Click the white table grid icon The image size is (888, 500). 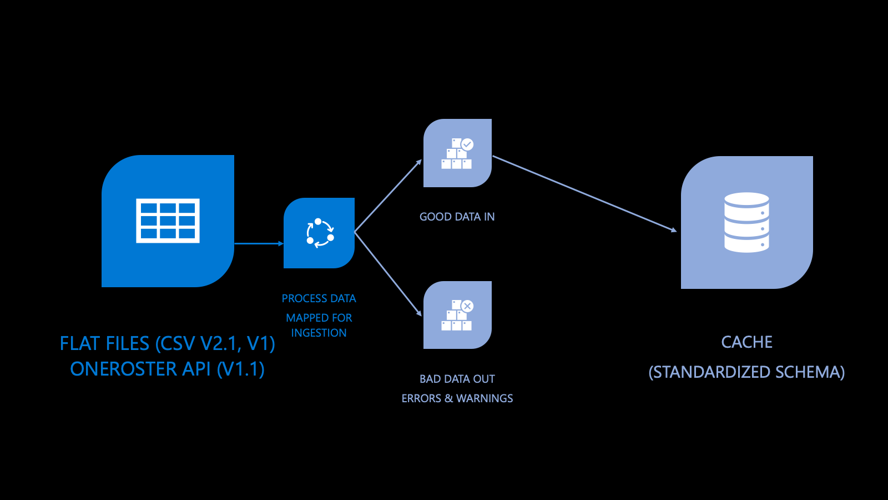click(x=168, y=221)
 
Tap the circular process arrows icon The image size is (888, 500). click(x=320, y=233)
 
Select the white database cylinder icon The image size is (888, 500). click(x=746, y=222)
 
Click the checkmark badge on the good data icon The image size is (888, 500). click(x=467, y=144)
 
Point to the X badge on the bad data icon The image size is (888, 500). click(x=467, y=306)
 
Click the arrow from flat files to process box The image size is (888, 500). click(x=259, y=243)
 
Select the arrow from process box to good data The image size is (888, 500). click(x=388, y=196)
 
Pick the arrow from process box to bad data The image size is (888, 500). click(x=388, y=274)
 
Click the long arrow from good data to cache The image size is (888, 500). click(x=584, y=193)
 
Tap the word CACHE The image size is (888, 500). click(x=746, y=342)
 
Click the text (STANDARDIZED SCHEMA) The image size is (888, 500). click(x=746, y=372)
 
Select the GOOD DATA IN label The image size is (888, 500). click(x=457, y=217)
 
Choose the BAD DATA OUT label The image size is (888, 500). click(x=457, y=379)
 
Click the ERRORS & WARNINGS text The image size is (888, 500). click(x=457, y=398)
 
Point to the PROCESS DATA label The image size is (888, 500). click(x=319, y=299)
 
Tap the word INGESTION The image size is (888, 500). click(x=319, y=333)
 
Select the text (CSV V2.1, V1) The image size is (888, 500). click(x=215, y=343)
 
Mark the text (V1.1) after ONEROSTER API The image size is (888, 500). click(x=240, y=369)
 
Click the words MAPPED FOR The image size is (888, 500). click(x=319, y=318)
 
